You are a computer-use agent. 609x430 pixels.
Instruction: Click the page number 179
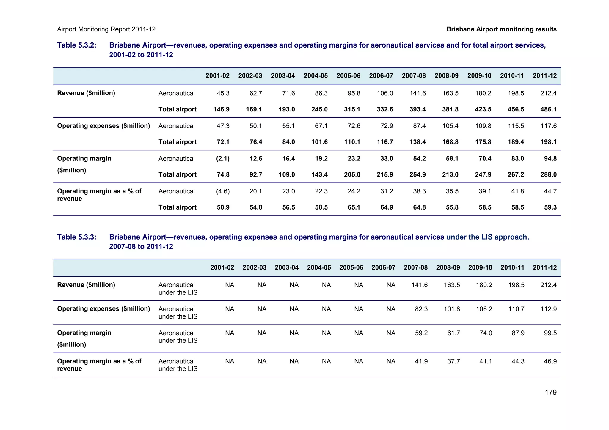click(x=550, y=392)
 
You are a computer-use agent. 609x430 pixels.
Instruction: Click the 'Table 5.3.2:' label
click(x=77, y=45)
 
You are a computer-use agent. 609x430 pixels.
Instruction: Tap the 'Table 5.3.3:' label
click(x=77, y=237)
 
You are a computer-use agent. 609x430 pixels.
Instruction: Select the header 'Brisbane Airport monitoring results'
click(x=501, y=29)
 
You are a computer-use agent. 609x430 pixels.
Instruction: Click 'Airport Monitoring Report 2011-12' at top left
click(x=106, y=29)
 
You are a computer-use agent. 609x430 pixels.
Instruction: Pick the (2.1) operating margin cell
click(x=223, y=158)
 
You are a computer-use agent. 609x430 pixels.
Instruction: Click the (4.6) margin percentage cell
click(x=223, y=191)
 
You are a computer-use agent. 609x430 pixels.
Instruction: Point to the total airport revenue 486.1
click(x=548, y=109)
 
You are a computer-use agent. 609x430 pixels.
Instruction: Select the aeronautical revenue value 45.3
click(x=223, y=93)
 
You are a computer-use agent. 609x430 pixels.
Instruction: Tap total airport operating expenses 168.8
click(x=450, y=142)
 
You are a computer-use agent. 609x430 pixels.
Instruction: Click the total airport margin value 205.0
click(x=352, y=174)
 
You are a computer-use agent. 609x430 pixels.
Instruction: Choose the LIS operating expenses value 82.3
click(x=421, y=309)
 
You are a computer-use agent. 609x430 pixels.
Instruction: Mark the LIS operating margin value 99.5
click(x=550, y=333)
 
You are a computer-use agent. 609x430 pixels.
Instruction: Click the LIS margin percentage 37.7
click(x=453, y=361)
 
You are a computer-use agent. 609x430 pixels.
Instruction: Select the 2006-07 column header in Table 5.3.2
click(x=381, y=75)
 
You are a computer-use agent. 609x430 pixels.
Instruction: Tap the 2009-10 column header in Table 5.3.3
click(x=480, y=267)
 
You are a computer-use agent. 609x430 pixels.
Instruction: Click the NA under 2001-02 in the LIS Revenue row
click(x=230, y=285)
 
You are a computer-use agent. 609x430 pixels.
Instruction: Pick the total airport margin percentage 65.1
click(x=354, y=207)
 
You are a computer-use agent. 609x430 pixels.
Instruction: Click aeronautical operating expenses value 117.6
click(x=548, y=126)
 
